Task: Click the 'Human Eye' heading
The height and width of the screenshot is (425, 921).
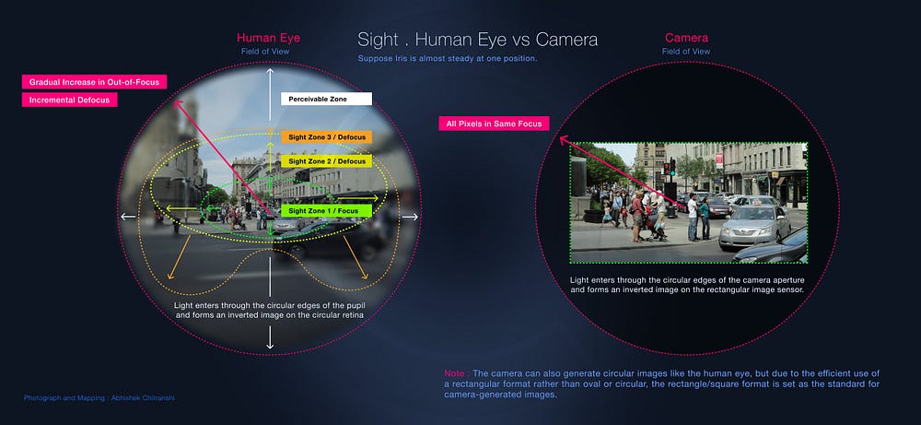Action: [268, 38]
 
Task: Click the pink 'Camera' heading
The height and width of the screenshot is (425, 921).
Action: [686, 38]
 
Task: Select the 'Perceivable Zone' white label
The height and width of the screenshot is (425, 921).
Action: [326, 99]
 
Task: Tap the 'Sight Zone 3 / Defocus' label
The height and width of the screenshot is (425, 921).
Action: [326, 136]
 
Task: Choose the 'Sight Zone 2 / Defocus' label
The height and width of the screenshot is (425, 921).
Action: [326, 161]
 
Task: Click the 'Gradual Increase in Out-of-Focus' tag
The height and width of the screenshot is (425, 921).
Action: [93, 82]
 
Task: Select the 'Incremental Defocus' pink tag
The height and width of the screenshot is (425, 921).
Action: [70, 100]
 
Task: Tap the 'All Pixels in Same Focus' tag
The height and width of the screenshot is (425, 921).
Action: [495, 124]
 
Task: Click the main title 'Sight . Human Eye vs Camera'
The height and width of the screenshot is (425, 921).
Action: [477, 40]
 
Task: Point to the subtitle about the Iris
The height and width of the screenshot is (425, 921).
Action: [448, 59]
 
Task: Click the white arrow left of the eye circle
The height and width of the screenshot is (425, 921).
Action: [128, 218]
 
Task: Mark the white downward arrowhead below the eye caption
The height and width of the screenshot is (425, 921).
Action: [270, 344]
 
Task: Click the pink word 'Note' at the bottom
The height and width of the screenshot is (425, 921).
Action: [454, 373]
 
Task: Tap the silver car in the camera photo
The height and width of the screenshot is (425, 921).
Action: [752, 227]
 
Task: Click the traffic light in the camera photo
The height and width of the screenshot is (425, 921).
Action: [672, 168]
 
